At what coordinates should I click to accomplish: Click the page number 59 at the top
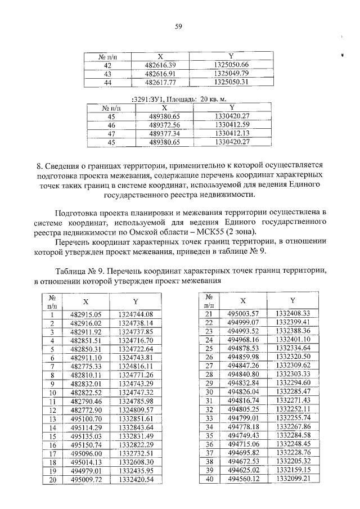pos(179,26)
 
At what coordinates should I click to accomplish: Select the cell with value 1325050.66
pos(231,65)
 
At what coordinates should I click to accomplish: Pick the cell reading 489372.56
pos(164,124)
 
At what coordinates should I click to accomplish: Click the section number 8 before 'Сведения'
pos(39,165)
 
